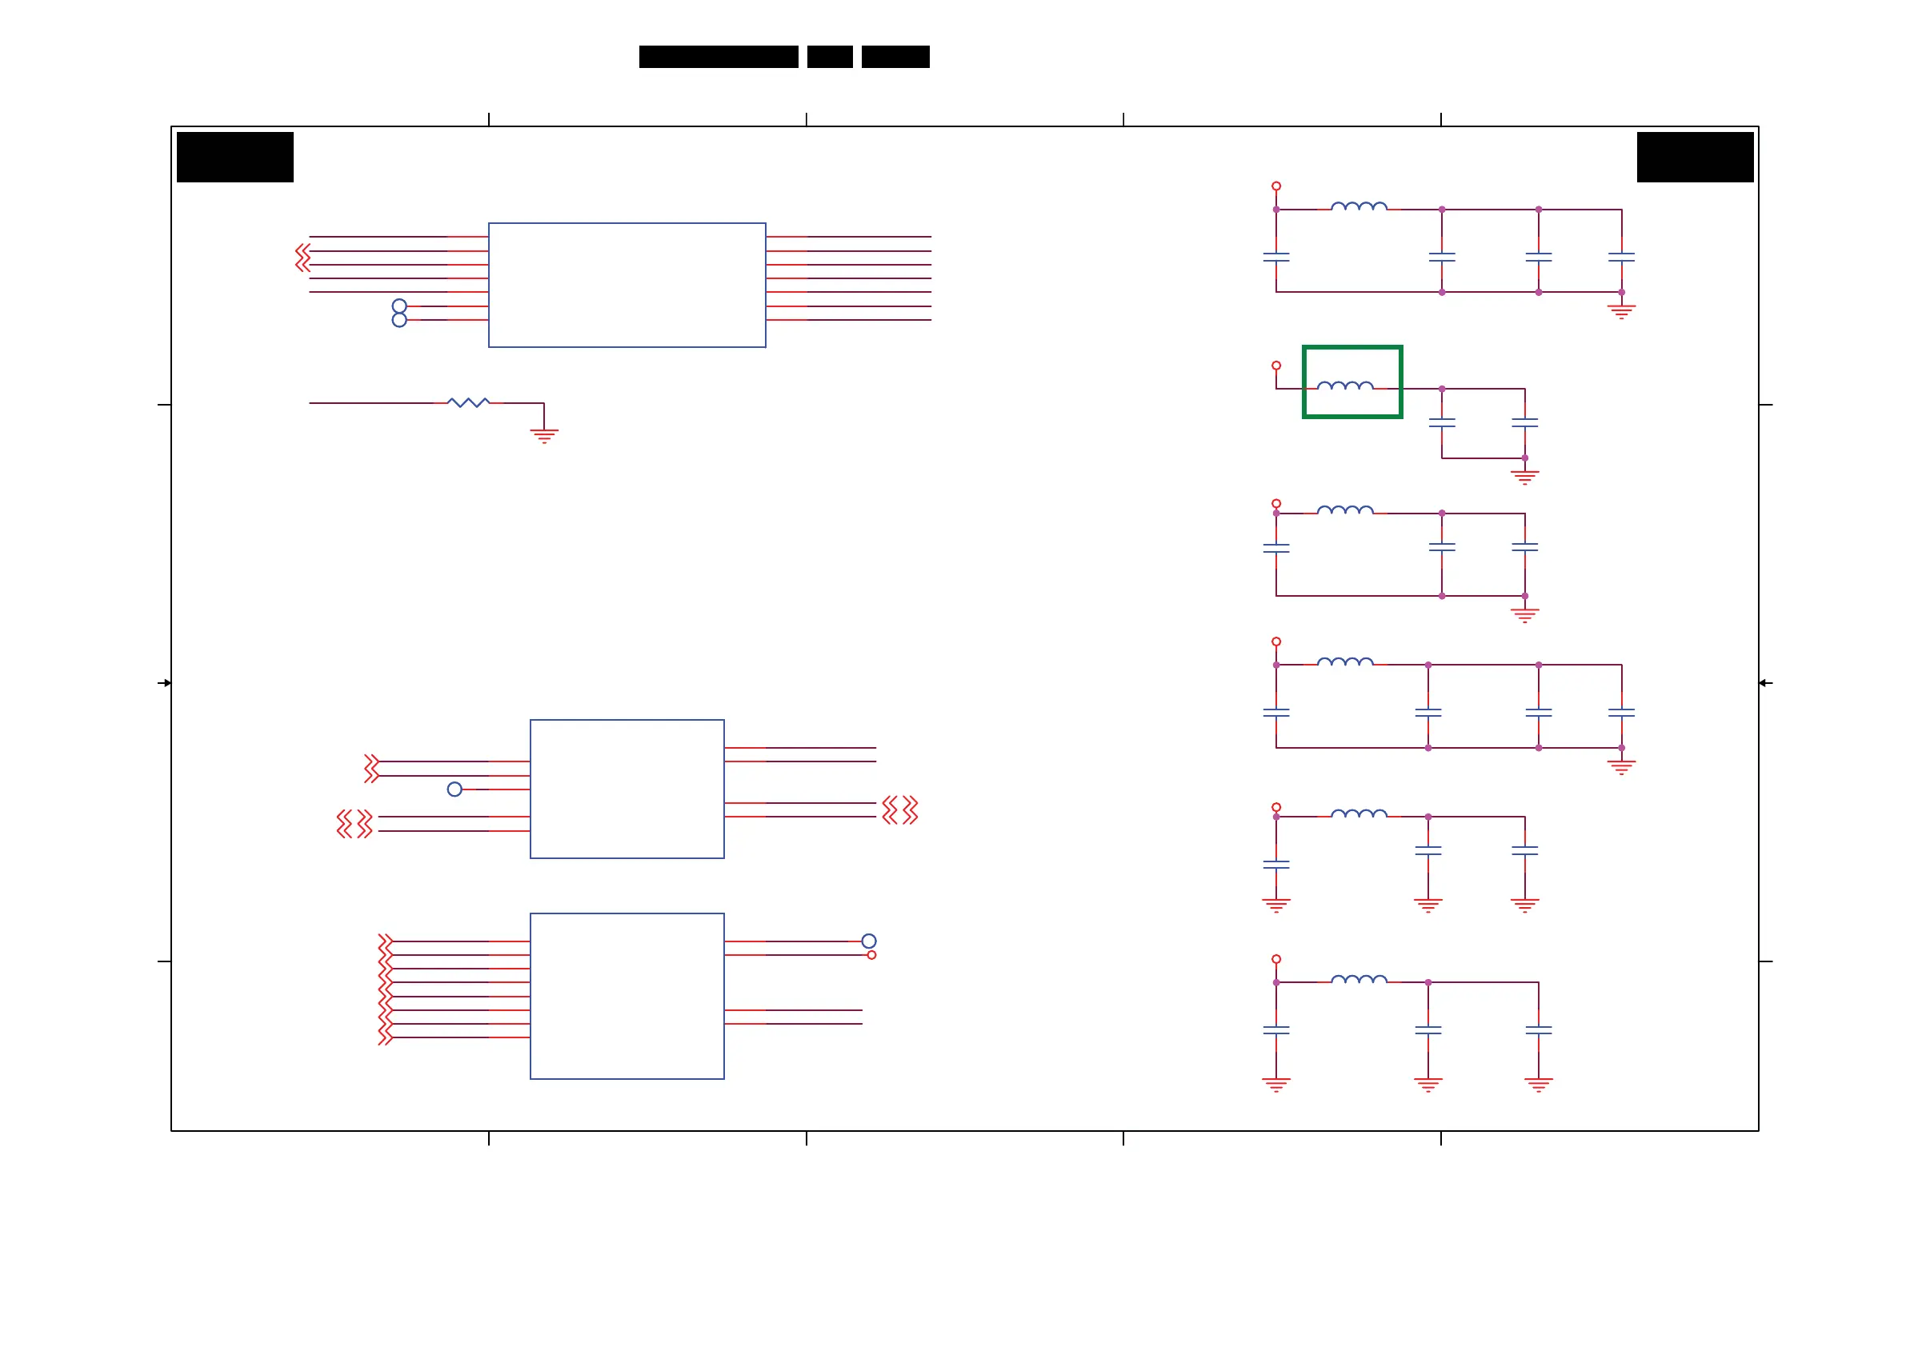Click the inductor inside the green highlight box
point(1345,385)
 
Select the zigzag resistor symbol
point(468,402)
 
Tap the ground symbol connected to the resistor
point(544,435)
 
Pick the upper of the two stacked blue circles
point(399,306)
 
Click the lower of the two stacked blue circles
point(399,321)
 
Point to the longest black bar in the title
point(718,57)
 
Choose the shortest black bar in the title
point(829,57)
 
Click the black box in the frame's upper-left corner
point(235,157)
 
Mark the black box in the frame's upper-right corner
point(1694,157)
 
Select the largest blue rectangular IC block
point(627,285)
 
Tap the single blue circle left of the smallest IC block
point(454,789)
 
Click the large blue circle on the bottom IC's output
point(868,941)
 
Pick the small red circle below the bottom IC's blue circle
point(871,955)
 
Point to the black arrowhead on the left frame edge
point(167,683)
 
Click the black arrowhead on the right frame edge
point(1763,683)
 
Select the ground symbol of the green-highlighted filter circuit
point(1524,477)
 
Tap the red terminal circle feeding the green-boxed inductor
point(1276,366)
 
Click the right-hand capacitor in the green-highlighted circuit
point(1524,423)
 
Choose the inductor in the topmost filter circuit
point(1358,206)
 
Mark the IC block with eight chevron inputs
point(627,996)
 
